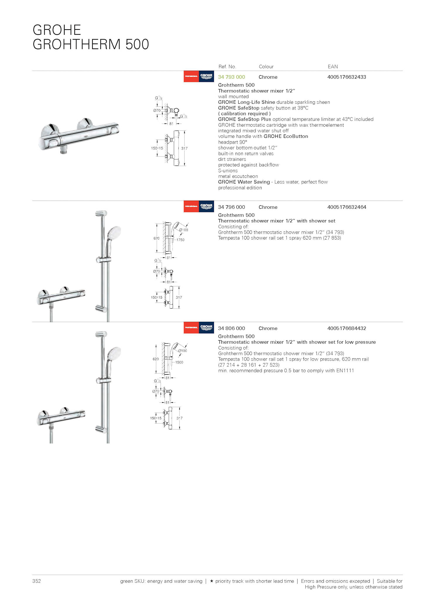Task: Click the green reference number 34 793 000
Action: point(231,77)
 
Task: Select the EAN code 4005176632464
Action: point(347,207)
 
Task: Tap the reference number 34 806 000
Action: point(231,328)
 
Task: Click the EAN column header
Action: point(333,67)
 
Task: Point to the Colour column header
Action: point(266,67)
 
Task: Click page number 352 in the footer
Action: point(37,581)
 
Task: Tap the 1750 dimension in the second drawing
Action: point(180,240)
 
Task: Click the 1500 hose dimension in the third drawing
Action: point(179,362)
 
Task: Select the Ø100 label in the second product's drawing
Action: point(184,230)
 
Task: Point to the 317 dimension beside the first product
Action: point(184,148)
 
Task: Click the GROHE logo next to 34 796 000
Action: point(206,206)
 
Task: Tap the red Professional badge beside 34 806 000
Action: point(191,328)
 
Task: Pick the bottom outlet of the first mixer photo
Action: point(63,152)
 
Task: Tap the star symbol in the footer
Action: point(212,581)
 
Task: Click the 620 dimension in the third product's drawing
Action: point(156,359)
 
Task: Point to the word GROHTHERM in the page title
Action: point(76,44)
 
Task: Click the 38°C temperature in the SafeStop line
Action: point(303,108)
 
